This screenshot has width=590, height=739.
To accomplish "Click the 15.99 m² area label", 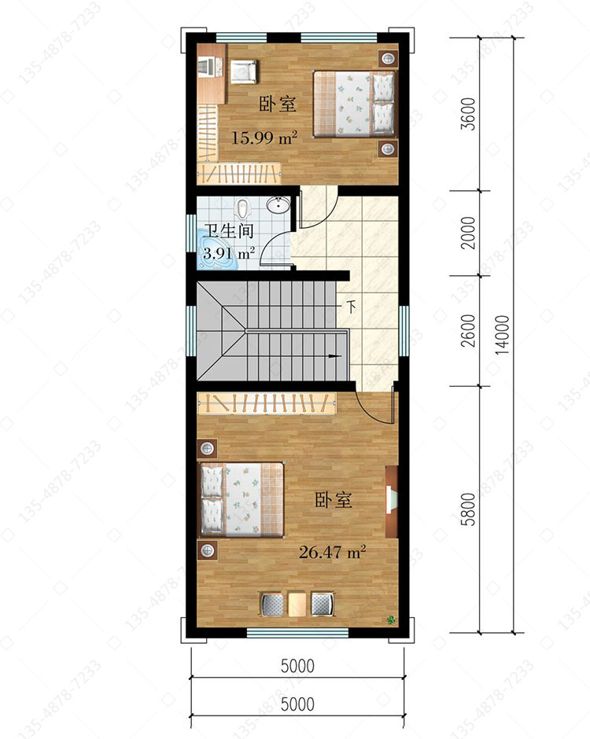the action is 264,137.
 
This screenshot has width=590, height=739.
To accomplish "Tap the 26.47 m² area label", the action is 333,552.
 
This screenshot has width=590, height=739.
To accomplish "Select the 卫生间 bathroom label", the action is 229,231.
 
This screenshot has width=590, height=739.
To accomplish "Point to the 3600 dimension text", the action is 469,113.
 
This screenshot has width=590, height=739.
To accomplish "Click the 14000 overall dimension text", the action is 503,335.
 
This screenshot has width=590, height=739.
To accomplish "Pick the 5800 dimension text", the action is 469,509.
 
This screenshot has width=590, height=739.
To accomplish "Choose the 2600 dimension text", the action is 469,330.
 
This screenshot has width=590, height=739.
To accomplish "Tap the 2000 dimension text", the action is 469,233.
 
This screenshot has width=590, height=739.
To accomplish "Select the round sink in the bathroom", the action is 278,205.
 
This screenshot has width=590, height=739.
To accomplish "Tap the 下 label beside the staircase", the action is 352,307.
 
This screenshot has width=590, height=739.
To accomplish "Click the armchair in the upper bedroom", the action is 243,72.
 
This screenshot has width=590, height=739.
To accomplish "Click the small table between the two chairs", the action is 297,605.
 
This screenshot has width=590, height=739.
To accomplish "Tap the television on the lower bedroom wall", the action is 392,502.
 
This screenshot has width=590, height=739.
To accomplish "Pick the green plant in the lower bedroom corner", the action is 391,620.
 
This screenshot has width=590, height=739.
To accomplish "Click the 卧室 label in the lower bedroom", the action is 334,500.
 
